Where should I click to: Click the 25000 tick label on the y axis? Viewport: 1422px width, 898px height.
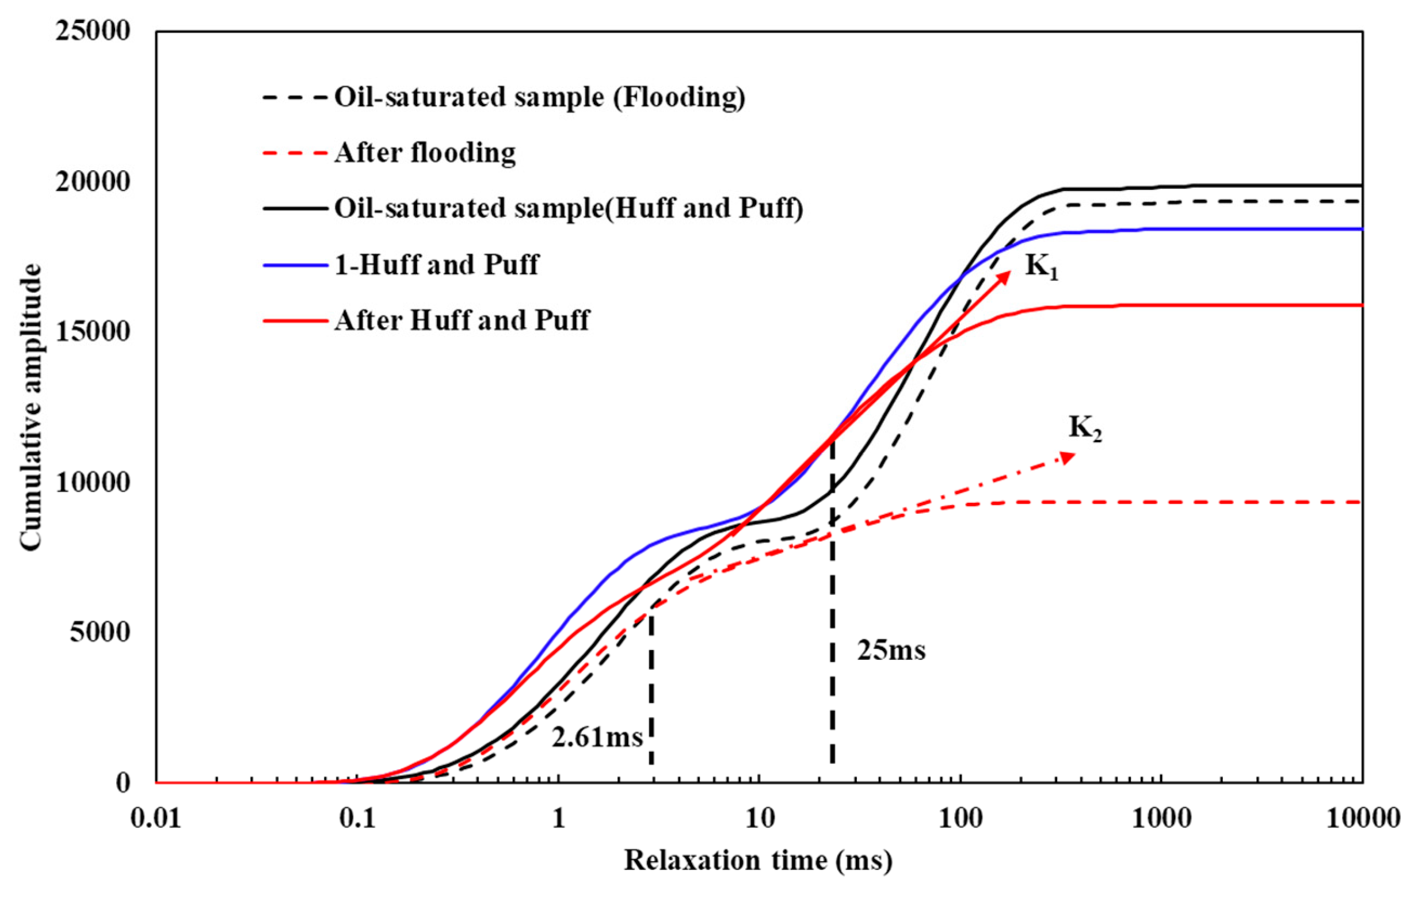click(93, 31)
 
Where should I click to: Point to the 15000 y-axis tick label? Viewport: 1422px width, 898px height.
click(93, 332)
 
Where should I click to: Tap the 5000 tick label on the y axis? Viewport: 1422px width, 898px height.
click(100, 632)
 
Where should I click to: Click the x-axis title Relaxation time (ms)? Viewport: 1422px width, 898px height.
click(758, 861)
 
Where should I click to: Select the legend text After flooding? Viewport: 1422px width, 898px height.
click(425, 153)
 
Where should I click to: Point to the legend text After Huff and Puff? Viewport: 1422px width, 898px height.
click(462, 320)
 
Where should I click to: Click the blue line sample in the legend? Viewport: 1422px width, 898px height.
click(295, 266)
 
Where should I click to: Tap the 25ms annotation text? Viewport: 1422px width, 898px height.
click(891, 651)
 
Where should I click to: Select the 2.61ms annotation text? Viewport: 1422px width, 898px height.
click(597, 737)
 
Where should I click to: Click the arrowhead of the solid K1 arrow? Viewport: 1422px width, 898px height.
click(1004, 277)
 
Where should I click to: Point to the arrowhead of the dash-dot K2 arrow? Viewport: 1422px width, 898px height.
click(1068, 456)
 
